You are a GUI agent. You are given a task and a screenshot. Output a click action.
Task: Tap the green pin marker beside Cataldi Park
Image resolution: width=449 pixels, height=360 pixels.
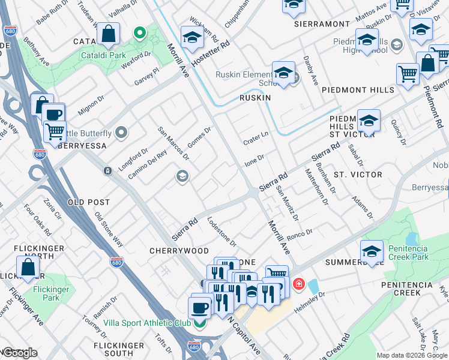point(139,32)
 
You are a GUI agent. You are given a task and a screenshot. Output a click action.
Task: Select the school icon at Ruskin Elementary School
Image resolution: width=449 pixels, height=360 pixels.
point(283,73)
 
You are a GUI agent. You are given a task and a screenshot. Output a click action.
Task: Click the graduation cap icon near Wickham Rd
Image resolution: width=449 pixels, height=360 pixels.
point(192,37)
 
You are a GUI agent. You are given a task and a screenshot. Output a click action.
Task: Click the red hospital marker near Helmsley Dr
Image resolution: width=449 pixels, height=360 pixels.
point(298,283)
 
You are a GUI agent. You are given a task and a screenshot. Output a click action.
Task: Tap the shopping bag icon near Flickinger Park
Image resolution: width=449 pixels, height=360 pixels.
point(28,268)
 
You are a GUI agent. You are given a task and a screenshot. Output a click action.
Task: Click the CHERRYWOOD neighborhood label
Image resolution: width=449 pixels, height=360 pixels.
point(179,251)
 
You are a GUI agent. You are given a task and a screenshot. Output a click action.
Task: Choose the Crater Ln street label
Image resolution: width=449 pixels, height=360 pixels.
point(255,139)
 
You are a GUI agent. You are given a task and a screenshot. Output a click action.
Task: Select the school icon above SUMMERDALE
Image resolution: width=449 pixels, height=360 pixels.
point(372,251)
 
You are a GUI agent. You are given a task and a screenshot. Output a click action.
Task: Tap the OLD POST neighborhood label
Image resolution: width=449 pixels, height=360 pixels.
point(89,203)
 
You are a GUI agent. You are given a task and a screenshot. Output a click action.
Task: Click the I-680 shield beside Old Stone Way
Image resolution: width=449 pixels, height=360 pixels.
point(116,262)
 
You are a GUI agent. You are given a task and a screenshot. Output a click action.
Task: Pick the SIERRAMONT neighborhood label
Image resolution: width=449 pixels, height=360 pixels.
point(322,24)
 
